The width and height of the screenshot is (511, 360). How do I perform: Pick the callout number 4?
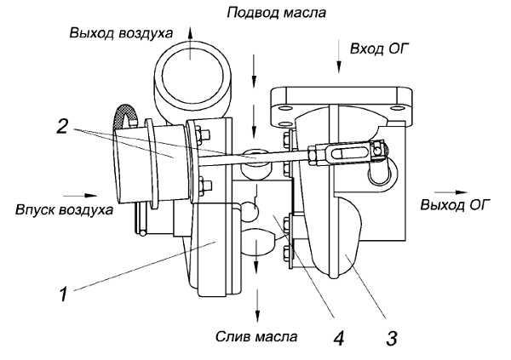click(x=338, y=338)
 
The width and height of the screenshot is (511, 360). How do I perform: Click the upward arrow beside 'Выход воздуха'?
click(x=190, y=33)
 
